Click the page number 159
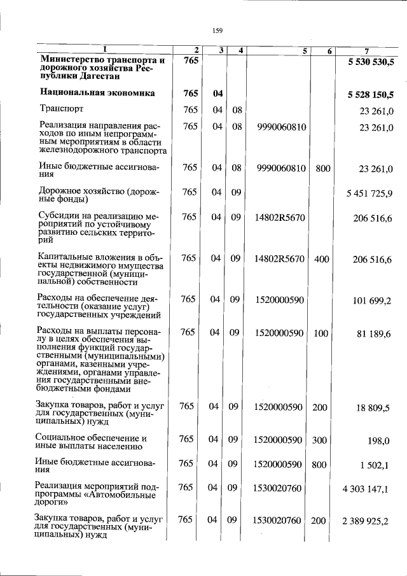point(217,29)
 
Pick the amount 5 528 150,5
point(371,95)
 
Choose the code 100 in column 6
point(322,332)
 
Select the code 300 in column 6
point(322,439)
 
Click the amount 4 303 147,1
point(367,489)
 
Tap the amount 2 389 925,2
point(367,521)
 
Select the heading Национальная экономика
point(97,93)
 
